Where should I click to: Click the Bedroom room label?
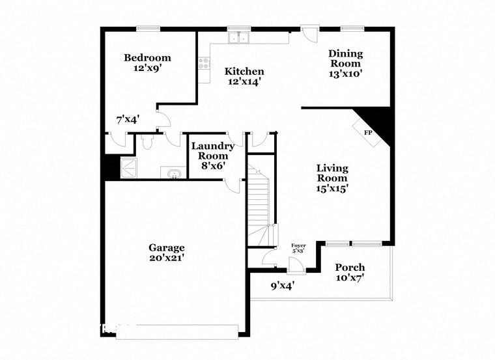pyautogui.click(x=147, y=58)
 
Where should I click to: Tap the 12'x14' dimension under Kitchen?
pyautogui.click(x=244, y=82)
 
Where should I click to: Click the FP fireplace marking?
pyautogui.click(x=368, y=133)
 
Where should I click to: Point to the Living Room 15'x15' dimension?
pyautogui.click(x=332, y=189)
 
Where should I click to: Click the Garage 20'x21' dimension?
pyautogui.click(x=166, y=258)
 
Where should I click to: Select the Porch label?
pyautogui.click(x=350, y=267)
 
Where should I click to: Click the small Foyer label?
pyautogui.click(x=298, y=245)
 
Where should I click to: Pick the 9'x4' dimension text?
pyautogui.click(x=283, y=285)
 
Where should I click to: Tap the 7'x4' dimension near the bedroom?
pyautogui.click(x=128, y=119)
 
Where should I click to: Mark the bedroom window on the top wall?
pyautogui.click(x=148, y=28)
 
